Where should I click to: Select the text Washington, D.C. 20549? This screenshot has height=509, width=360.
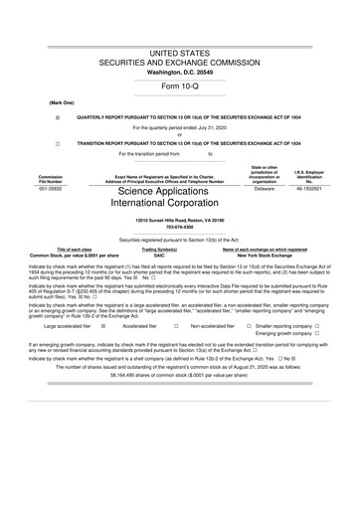[180, 72]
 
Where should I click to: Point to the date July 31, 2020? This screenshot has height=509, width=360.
[208, 127]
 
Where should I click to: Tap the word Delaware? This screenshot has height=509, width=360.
[264, 174]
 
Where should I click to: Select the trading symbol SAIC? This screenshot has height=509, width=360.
[179, 255]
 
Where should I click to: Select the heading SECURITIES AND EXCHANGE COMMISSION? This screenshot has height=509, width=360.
[180, 61]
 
